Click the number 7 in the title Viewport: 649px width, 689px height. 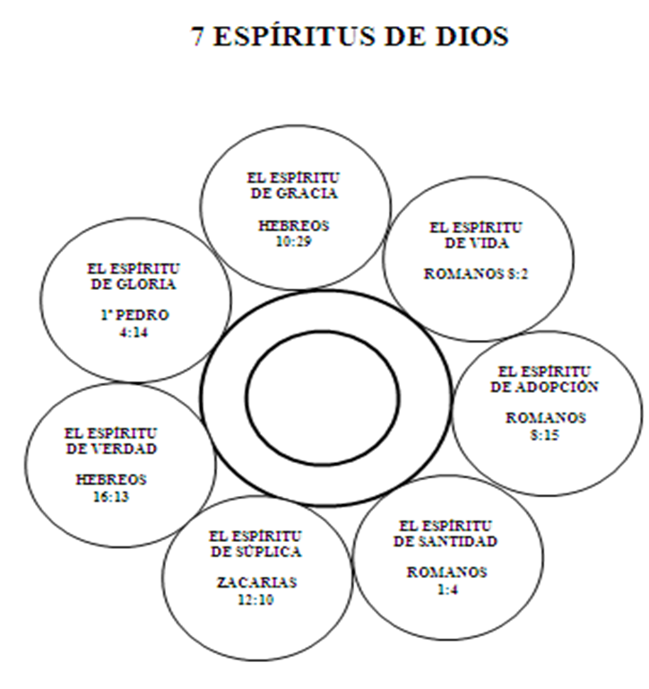pyautogui.click(x=199, y=37)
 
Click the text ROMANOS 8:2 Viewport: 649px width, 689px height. pyautogui.click(x=476, y=275)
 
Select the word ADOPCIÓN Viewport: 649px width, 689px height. pyautogui.click(x=557, y=387)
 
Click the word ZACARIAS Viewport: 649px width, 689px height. pyautogui.click(x=256, y=583)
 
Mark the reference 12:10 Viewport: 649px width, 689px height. pyautogui.click(x=256, y=598)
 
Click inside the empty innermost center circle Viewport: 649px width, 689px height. pyautogui.click(x=323, y=396)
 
